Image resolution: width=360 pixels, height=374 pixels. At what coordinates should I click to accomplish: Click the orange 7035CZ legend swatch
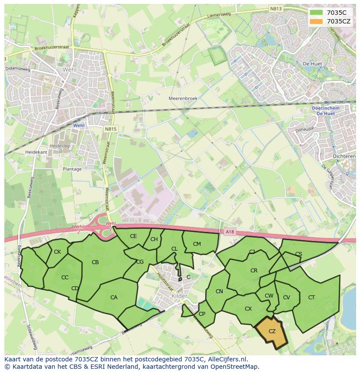[x=317, y=21]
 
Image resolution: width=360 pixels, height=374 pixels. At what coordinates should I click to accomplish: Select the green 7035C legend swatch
[x=317, y=13]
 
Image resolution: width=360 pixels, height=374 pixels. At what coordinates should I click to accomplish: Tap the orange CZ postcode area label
[x=272, y=331]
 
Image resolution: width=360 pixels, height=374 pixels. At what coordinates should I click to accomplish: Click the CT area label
[x=311, y=298]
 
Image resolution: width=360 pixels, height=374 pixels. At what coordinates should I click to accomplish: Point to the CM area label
[x=197, y=244]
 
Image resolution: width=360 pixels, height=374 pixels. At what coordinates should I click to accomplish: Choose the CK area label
[x=57, y=252]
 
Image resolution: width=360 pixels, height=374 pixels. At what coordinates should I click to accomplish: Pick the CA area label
[x=114, y=298]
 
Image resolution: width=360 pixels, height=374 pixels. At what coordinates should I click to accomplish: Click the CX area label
[x=248, y=309]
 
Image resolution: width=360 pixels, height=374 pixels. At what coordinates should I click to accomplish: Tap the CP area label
[x=202, y=314]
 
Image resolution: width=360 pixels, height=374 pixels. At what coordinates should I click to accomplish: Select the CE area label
[x=133, y=236]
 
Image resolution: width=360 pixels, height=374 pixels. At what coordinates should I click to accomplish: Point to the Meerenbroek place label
[x=183, y=99]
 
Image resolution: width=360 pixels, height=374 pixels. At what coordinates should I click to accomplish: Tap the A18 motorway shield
[x=230, y=232]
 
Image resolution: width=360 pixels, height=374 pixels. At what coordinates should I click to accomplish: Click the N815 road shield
[x=110, y=129]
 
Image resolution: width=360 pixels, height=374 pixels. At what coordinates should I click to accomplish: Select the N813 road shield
[x=275, y=8]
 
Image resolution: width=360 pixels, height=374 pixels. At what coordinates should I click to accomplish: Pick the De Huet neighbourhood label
[x=312, y=64]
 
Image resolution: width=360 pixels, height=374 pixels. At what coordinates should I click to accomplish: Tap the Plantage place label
[x=72, y=169]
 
